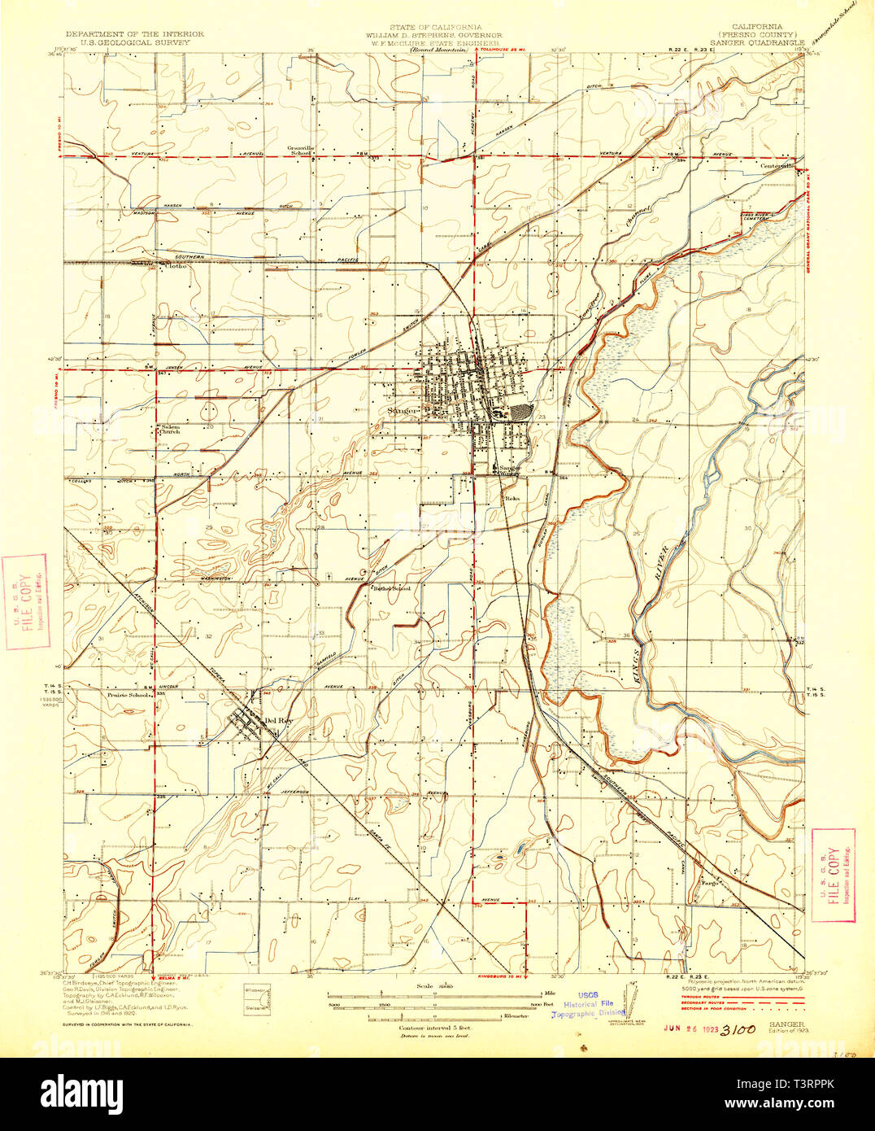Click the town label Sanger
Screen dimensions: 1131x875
coord(403,411)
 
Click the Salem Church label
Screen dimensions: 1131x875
coord(169,429)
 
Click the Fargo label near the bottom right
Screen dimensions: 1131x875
coord(700,880)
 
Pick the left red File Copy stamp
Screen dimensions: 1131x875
coord(26,601)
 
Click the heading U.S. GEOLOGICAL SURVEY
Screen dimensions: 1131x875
coord(135,41)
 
